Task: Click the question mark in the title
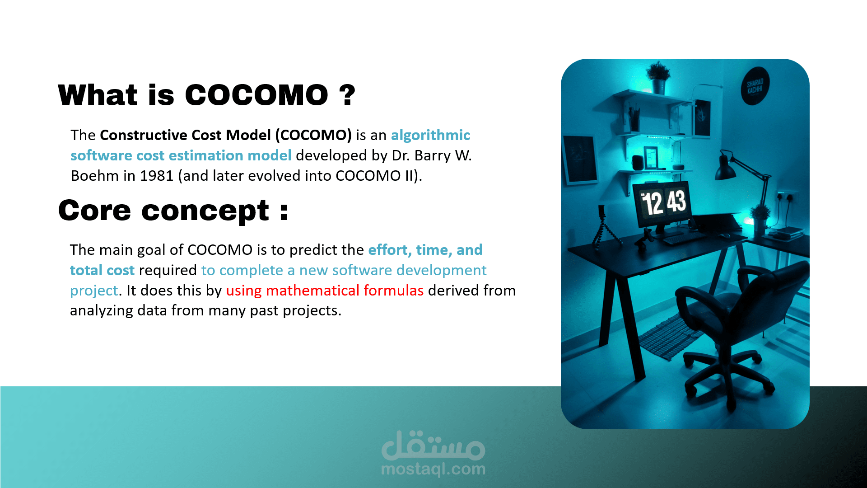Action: point(347,95)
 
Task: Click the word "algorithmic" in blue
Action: point(430,135)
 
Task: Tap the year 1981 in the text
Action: point(157,176)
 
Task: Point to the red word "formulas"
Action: point(393,291)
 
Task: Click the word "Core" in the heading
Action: point(95,211)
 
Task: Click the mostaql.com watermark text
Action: point(433,469)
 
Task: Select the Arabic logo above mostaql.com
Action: point(433,446)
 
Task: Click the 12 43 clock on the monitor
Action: point(663,203)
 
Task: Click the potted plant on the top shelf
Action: point(657,78)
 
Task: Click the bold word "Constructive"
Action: point(144,135)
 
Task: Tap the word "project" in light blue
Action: point(94,291)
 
